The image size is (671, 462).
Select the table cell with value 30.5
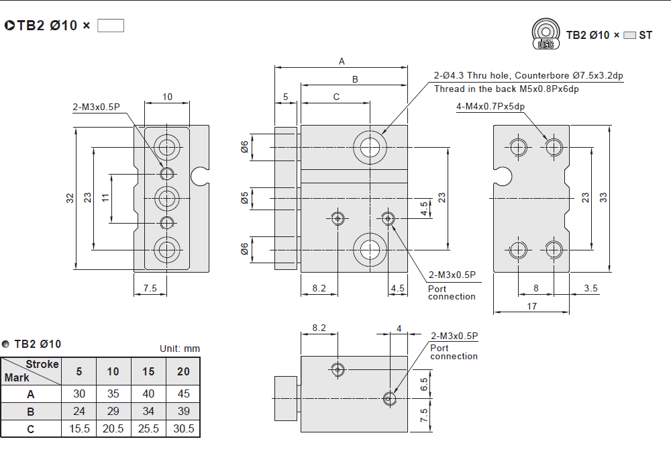[x=183, y=428]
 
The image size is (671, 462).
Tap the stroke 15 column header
[x=148, y=371]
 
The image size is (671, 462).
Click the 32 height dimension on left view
[x=70, y=198]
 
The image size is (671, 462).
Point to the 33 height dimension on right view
[x=603, y=197]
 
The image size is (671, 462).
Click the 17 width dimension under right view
[x=531, y=306]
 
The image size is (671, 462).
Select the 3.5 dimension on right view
[x=590, y=289]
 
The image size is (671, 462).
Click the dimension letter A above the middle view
[x=342, y=61]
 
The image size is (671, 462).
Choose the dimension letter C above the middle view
[x=336, y=97]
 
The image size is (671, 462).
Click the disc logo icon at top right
[x=546, y=34]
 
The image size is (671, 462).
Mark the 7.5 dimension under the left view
[x=150, y=288]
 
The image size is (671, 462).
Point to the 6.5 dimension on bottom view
[x=423, y=385]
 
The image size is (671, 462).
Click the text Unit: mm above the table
[x=180, y=349]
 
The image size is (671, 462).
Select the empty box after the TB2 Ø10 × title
[x=111, y=26]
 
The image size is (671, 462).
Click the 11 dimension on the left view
[x=105, y=198]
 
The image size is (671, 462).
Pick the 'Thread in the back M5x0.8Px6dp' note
[x=506, y=89]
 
